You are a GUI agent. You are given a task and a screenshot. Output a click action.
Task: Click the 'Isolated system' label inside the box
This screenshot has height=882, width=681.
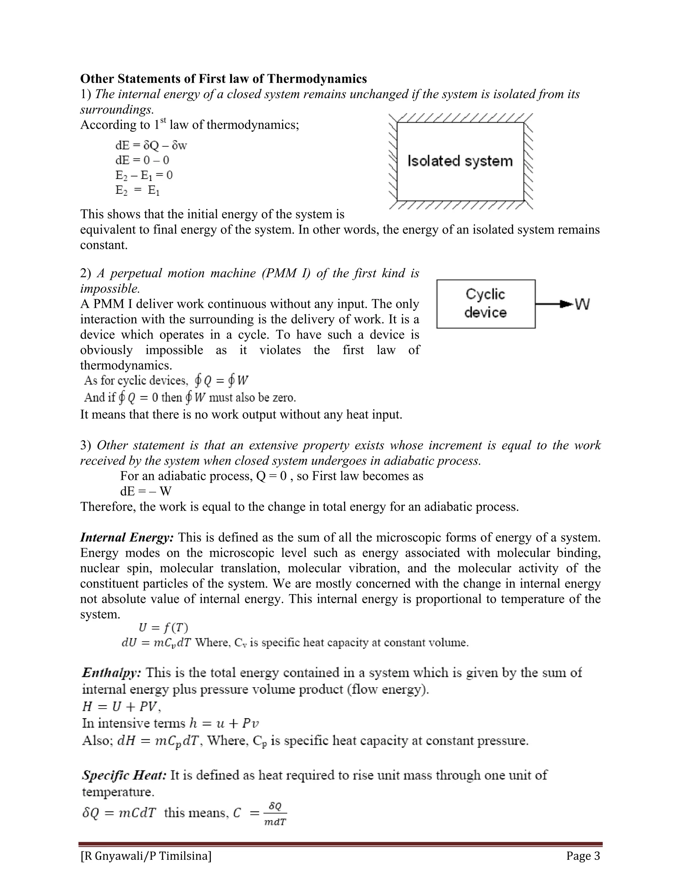(460, 161)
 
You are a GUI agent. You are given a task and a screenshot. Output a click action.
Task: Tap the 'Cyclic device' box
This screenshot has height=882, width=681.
(486, 304)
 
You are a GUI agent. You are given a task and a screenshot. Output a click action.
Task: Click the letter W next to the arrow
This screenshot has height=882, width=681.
(582, 304)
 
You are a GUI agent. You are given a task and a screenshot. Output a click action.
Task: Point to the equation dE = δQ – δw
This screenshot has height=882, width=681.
(151, 145)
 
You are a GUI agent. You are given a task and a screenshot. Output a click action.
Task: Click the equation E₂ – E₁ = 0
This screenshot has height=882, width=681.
(144, 175)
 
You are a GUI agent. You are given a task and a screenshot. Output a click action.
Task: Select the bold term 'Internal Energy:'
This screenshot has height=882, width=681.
(127, 537)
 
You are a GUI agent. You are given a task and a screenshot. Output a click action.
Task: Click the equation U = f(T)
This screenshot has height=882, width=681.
(163, 627)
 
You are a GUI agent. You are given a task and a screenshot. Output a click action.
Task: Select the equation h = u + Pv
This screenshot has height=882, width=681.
(218, 723)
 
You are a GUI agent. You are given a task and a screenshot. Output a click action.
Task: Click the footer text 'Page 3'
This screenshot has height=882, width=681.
(583, 856)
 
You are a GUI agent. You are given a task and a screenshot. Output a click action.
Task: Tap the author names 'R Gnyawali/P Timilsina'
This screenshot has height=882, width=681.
(146, 856)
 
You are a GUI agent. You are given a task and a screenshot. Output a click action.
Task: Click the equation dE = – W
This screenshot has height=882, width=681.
(146, 491)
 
